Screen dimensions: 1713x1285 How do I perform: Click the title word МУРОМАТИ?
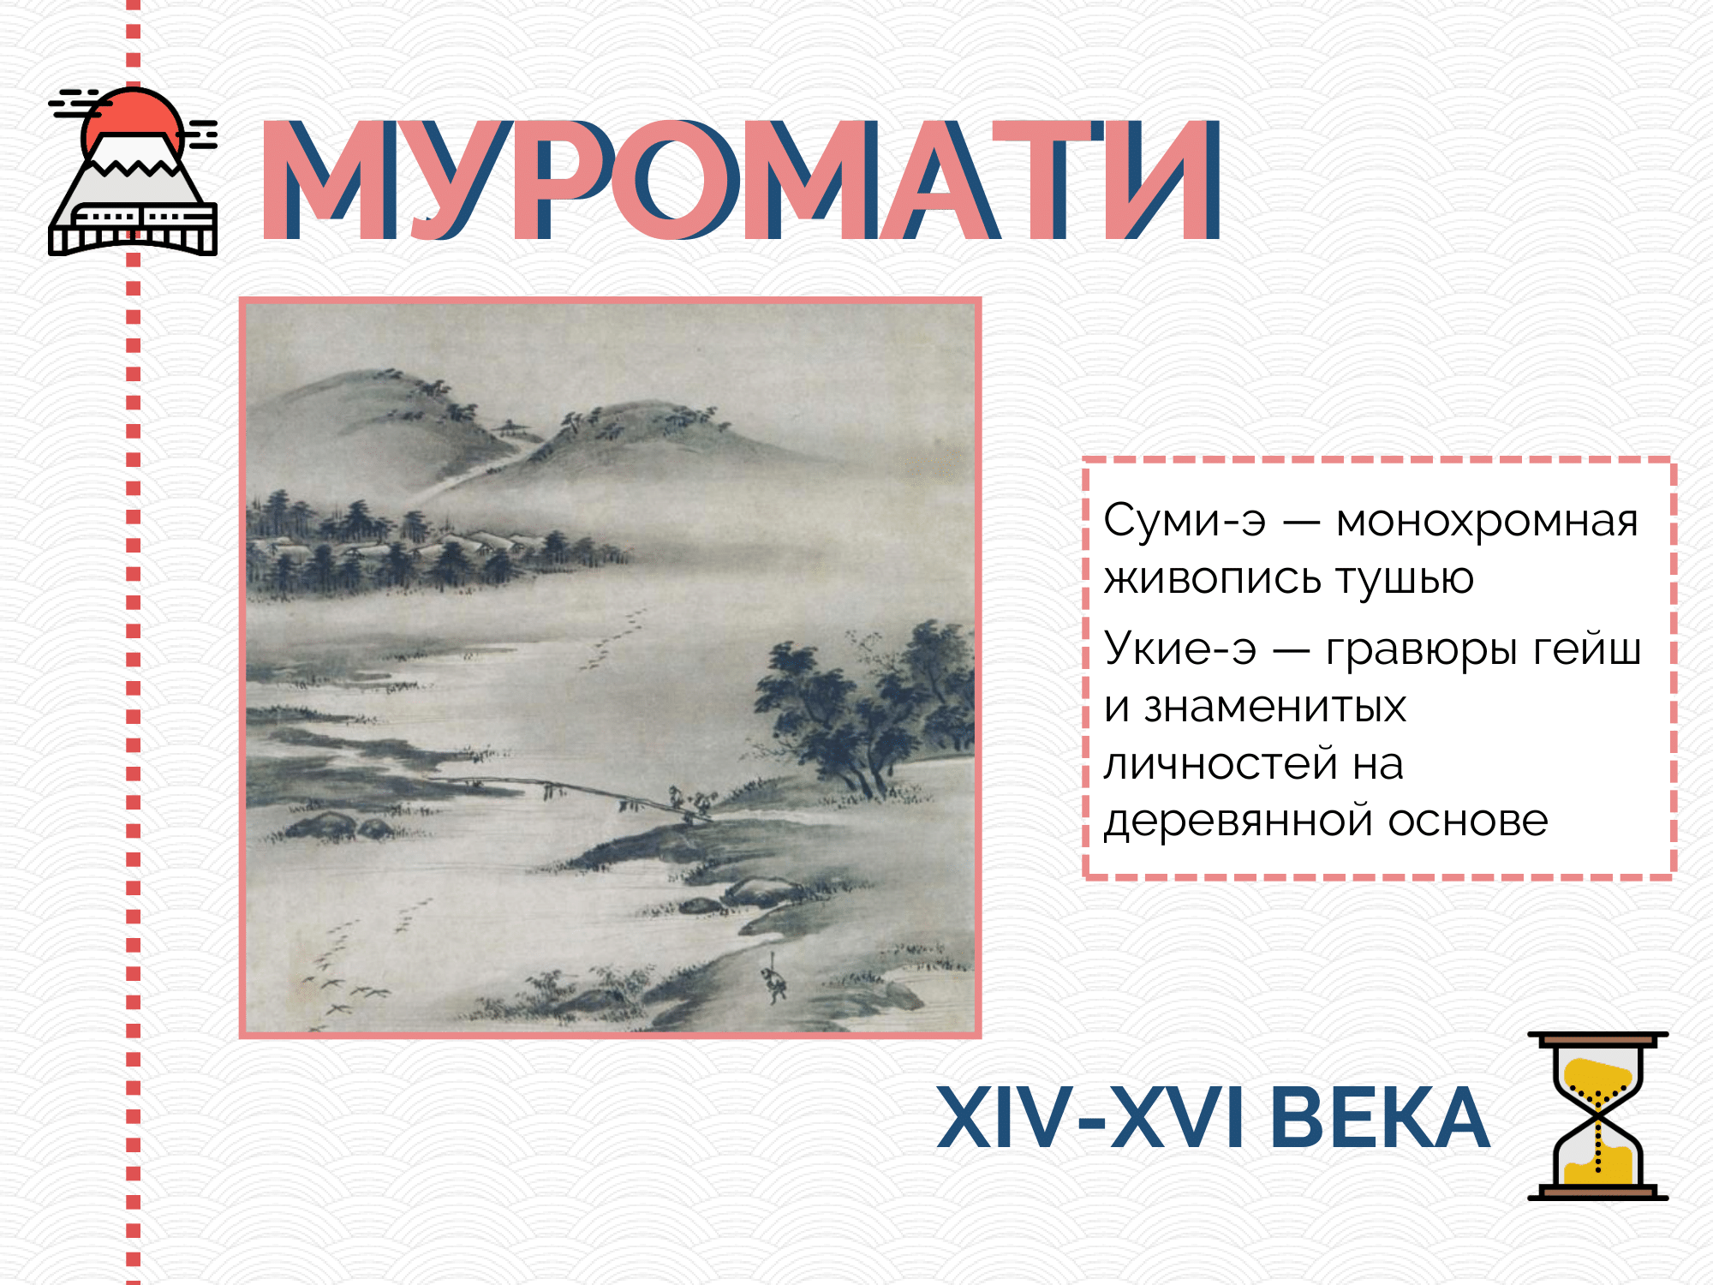(x=741, y=179)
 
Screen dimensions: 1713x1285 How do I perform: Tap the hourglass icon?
(x=1598, y=1115)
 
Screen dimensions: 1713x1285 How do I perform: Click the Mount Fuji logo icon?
(x=133, y=171)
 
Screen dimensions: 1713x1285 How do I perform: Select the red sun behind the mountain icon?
(x=133, y=120)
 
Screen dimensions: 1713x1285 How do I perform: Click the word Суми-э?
(x=1185, y=520)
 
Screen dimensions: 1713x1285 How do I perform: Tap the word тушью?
(x=1405, y=579)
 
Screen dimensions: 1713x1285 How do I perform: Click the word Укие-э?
(x=1180, y=648)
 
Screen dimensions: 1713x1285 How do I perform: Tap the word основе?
(x=1468, y=822)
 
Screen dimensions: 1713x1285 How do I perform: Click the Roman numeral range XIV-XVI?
(x=1090, y=1117)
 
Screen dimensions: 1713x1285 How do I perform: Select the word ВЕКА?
(x=1380, y=1117)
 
